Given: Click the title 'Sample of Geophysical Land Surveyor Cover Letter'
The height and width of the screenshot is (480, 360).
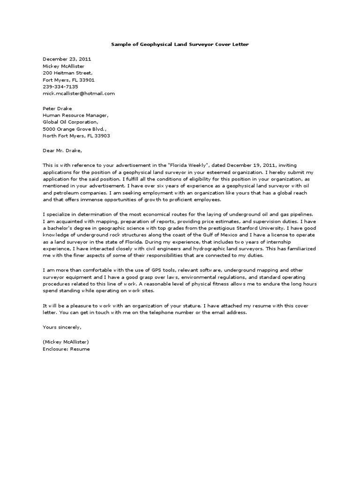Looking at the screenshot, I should (180, 45).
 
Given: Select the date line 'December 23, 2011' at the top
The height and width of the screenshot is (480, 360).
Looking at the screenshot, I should (67, 60).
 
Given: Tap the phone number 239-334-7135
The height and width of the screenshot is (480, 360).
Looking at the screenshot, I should (60, 87).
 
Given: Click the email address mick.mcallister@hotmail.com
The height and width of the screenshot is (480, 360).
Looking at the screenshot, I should (79, 93).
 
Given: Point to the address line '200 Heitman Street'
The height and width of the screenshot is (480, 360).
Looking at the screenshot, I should (68, 73).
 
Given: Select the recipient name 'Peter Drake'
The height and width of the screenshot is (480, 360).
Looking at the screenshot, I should (58, 108).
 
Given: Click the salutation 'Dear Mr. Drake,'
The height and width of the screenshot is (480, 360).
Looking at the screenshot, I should (62, 151).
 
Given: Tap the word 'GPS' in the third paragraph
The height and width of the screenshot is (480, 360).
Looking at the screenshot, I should (142, 270).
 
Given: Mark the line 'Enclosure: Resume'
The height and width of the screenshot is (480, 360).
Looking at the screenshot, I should (66, 349).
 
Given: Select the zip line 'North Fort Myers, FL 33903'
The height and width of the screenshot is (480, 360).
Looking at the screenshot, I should (76, 136).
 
